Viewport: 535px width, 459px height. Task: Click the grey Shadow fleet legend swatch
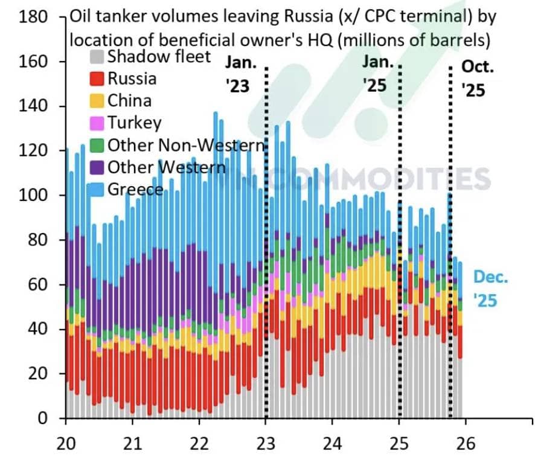pos(97,57)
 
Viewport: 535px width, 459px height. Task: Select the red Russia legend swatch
pos(97,79)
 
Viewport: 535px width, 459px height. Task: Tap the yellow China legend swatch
pos(97,101)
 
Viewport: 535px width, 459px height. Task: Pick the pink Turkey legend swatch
pos(97,123)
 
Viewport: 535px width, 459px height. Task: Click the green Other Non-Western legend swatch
pos(97,145)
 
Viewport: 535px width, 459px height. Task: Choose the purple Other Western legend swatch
pos(97,167)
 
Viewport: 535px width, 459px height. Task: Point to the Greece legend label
pos(135,189)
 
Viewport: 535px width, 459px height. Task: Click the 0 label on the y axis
pos(43,418)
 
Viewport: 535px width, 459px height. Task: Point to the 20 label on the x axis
pos(66,442)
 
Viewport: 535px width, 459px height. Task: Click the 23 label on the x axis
pos(266,442)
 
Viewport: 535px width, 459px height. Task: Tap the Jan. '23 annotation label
pos(241,74)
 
